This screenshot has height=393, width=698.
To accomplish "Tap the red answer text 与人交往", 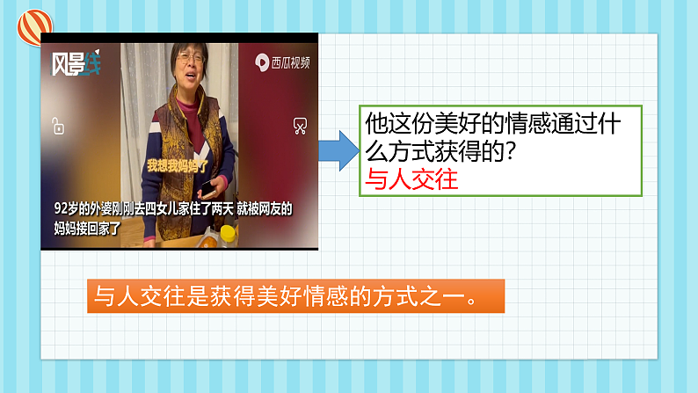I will tap(411, 178).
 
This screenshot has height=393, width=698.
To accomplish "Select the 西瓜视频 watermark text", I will tap(291, 63).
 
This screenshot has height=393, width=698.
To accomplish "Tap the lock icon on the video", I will tap(57, 126).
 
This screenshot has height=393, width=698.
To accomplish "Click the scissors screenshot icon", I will tap(299, 126).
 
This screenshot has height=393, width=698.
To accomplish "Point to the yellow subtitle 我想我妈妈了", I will tap(174, 164).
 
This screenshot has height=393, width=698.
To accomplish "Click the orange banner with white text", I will tap(295, 296).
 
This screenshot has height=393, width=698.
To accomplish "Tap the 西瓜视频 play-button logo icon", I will tap(262, 62).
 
